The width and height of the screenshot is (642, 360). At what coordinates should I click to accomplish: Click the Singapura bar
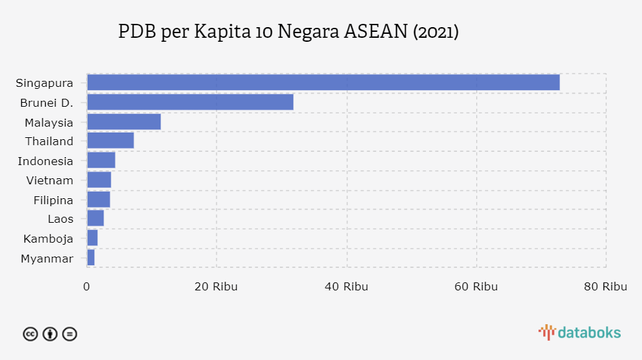pos(323,82)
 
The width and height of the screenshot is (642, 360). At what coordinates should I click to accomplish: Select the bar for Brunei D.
pos(190,102)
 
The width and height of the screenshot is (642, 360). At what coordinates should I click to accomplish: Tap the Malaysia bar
pos(123,121)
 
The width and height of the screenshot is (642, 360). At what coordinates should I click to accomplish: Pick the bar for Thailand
pos(110,141)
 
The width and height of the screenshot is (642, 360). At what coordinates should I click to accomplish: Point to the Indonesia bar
pos(101,160)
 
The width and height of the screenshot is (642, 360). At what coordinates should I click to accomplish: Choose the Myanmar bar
pos(91,258)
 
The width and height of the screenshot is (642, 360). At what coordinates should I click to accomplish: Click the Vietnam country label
pos(50,180)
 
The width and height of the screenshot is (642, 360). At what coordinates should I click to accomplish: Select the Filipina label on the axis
pos(53,200)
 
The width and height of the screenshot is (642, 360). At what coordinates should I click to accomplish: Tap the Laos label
pos(60,219)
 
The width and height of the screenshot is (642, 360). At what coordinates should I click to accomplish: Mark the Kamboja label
pos(48,239)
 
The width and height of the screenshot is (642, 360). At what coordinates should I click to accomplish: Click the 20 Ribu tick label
pos(216,286)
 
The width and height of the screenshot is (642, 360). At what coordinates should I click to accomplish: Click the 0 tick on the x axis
pos(87,286)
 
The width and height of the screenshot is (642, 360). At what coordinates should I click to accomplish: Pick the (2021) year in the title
pos(436,32)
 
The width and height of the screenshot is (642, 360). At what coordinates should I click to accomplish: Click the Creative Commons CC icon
pos(31,334)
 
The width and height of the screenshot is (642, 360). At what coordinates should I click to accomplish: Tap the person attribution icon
pos(50,334)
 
